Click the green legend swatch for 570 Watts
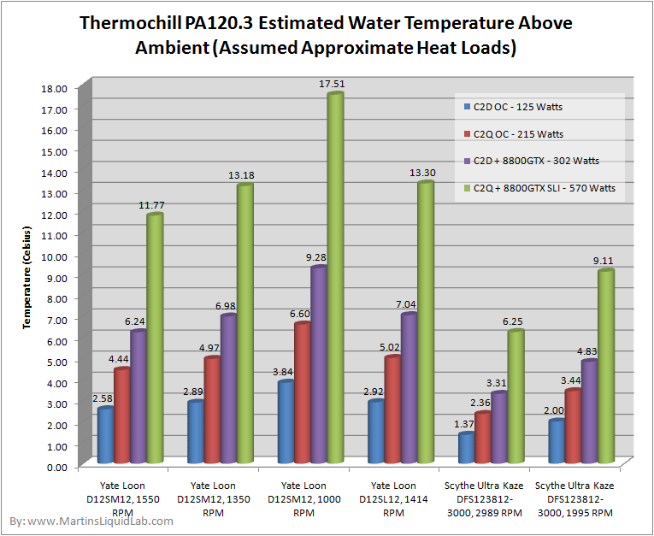tap(466, 188)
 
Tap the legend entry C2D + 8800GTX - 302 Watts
tap(535, 161)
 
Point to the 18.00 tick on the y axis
tap(56, 87)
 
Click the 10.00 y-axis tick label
tap(56, 256)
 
